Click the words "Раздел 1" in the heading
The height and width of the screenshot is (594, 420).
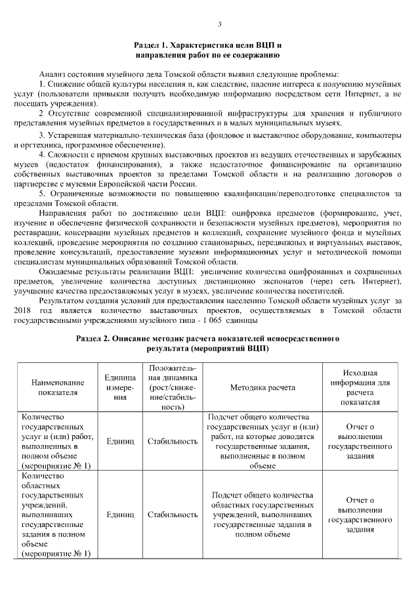pos(152,45)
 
